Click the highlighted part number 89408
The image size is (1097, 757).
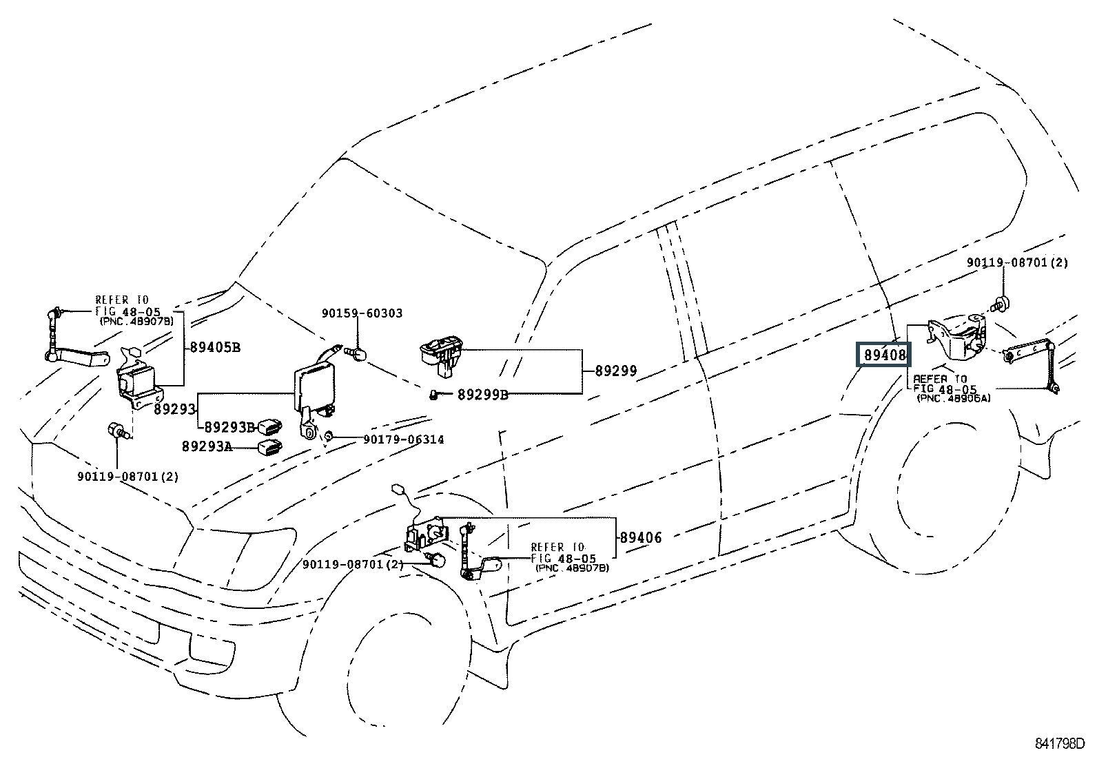click(883, 355)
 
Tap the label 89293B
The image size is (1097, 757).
click(227, 426)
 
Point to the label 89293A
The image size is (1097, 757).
click(207, 446)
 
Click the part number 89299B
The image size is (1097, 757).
click(482, 395)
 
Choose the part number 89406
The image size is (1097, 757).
click(641, 537)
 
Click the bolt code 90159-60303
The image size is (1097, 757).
click(362, 313)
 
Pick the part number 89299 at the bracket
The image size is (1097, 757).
click(616, 371)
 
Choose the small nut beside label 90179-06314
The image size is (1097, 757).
click(329, 436)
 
